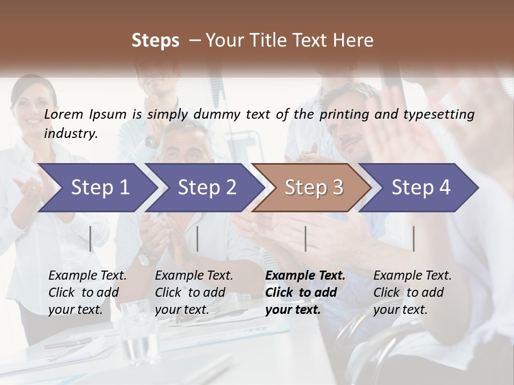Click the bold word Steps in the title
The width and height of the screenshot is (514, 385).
[155, 40]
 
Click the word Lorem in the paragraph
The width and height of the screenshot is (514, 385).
[63, 114]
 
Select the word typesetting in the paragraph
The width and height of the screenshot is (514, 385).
[443, 114]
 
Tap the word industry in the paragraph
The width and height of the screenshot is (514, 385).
[70, 133]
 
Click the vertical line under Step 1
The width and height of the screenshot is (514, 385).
[90, 238]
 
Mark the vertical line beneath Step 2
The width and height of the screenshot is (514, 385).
[198, 238]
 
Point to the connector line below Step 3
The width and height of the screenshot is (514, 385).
[305, 238]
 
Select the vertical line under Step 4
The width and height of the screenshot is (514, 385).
[413, 238]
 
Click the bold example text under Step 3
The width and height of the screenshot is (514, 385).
[305, 292]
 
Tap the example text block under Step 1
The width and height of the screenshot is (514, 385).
[87, 292]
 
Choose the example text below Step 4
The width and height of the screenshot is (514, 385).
[412, 292]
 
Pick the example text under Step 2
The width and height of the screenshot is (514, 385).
[194, 292]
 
